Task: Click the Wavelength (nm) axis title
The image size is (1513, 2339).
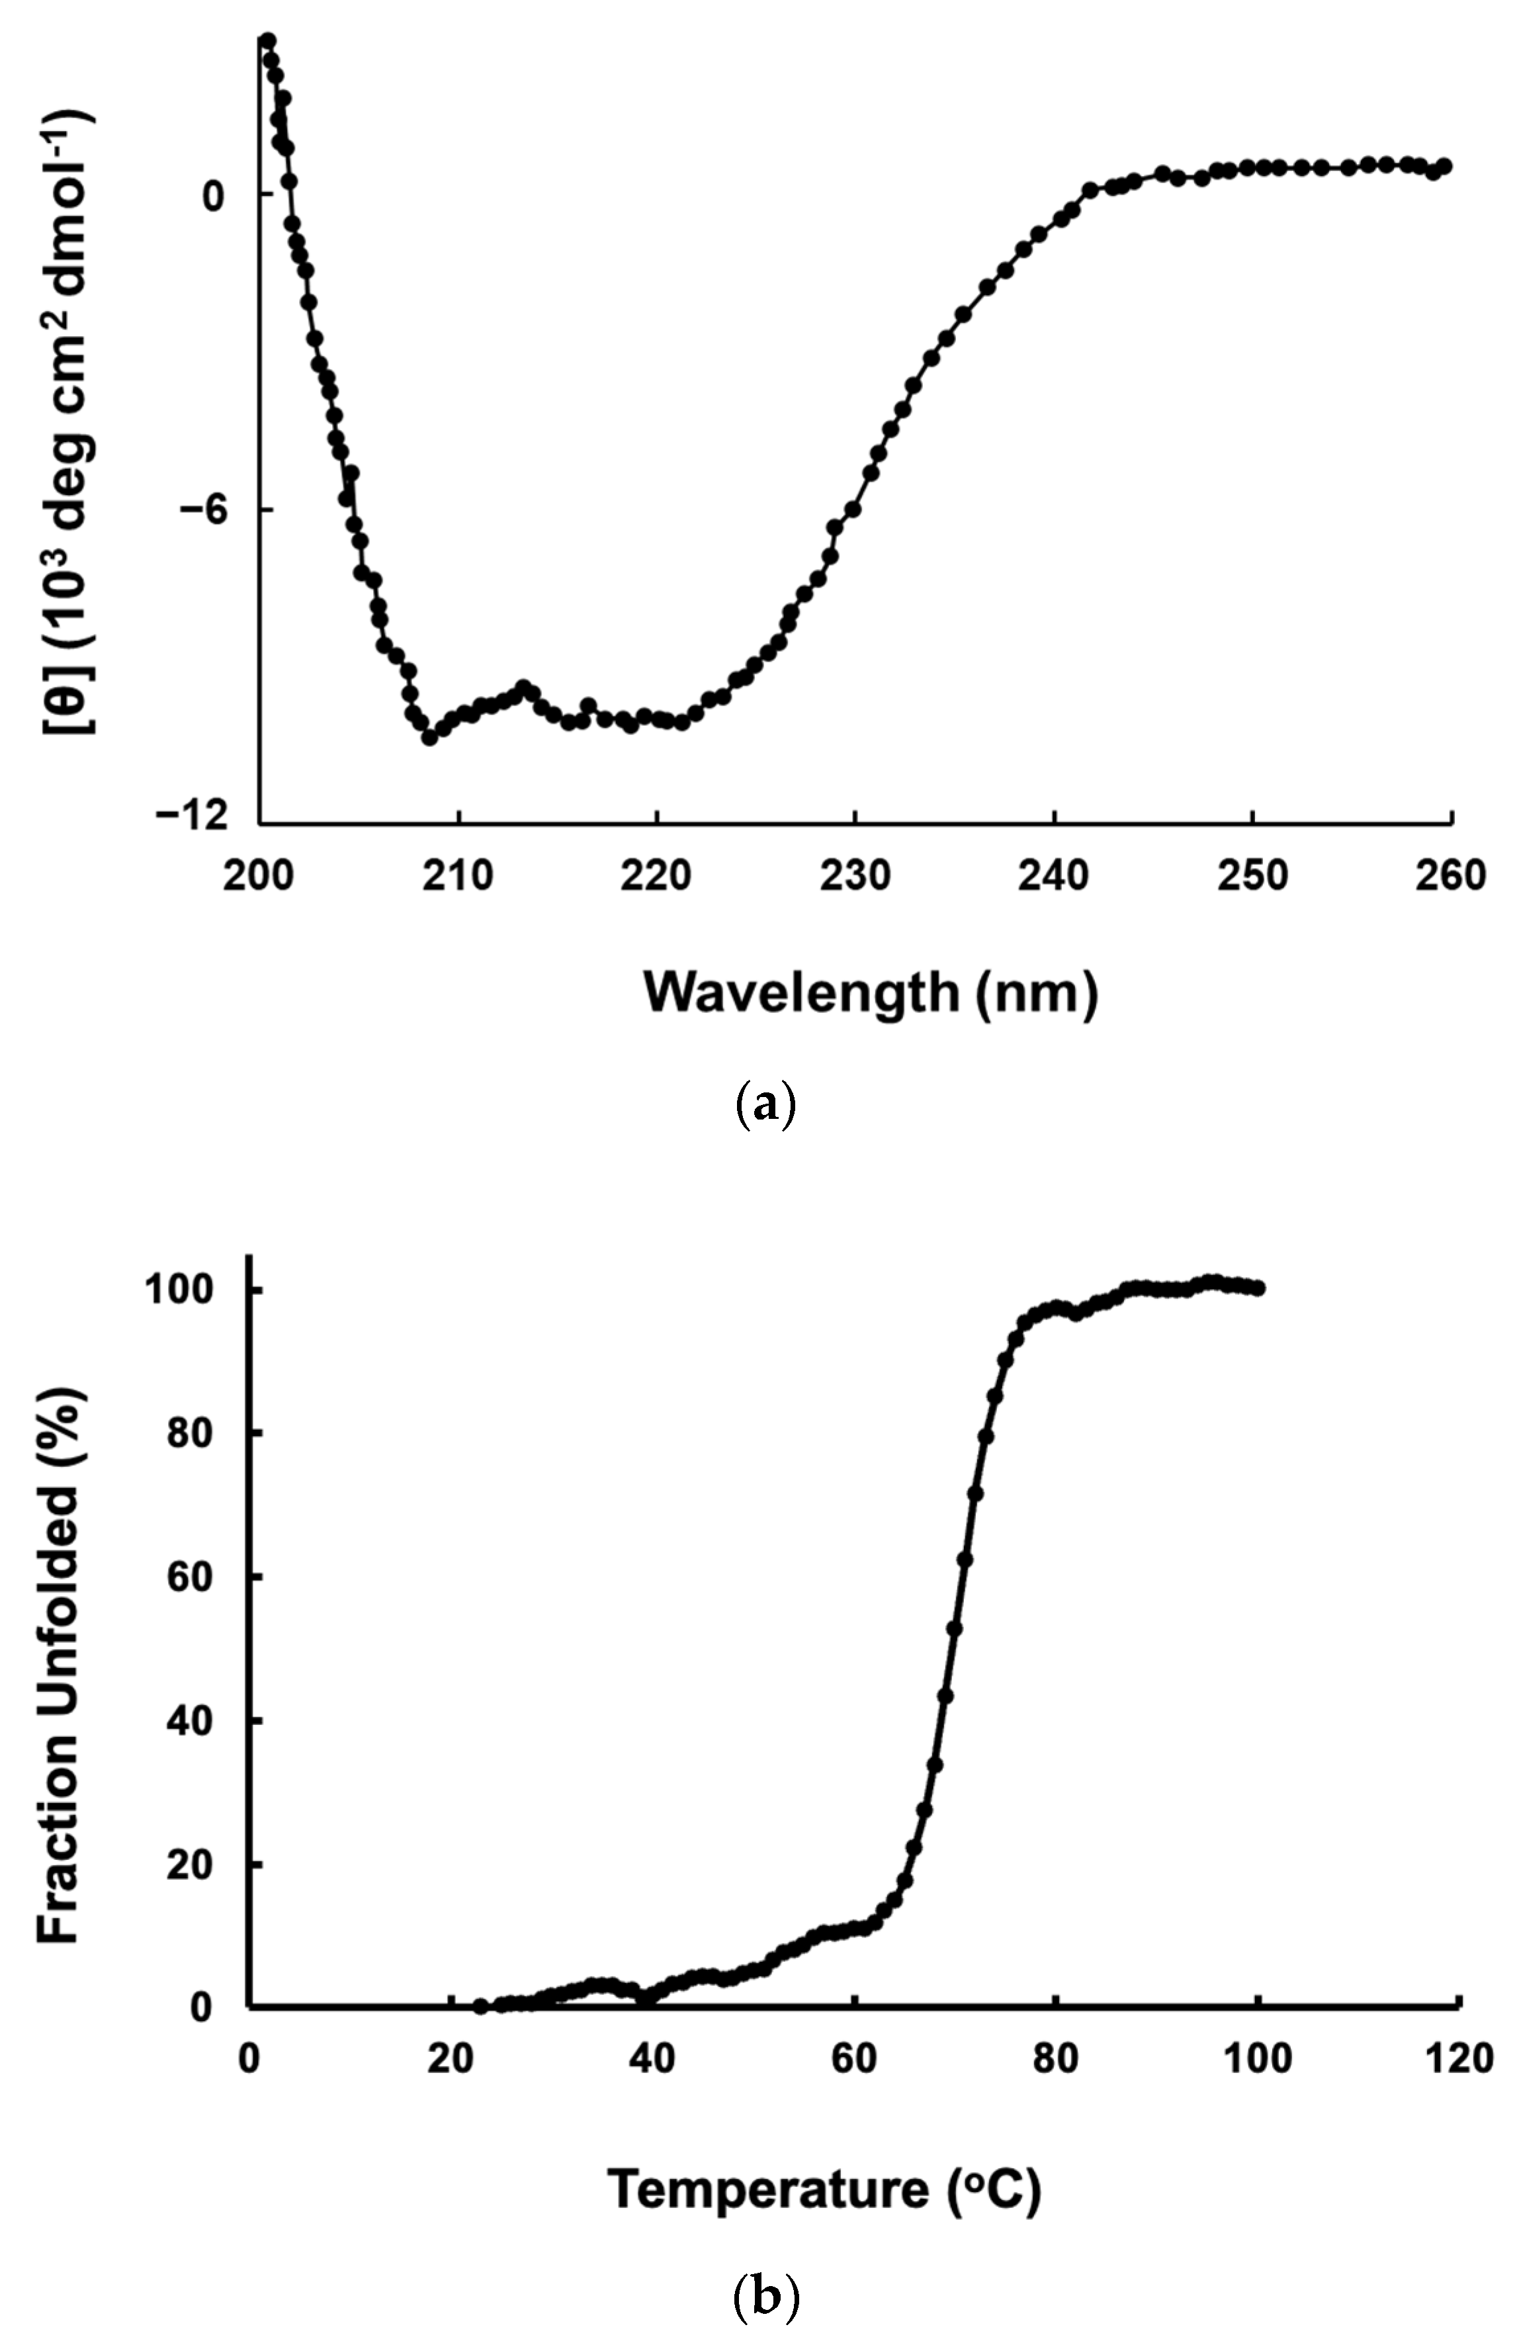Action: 871,993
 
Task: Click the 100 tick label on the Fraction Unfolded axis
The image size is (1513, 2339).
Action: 180,1289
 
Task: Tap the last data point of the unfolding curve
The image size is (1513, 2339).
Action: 1258,1288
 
